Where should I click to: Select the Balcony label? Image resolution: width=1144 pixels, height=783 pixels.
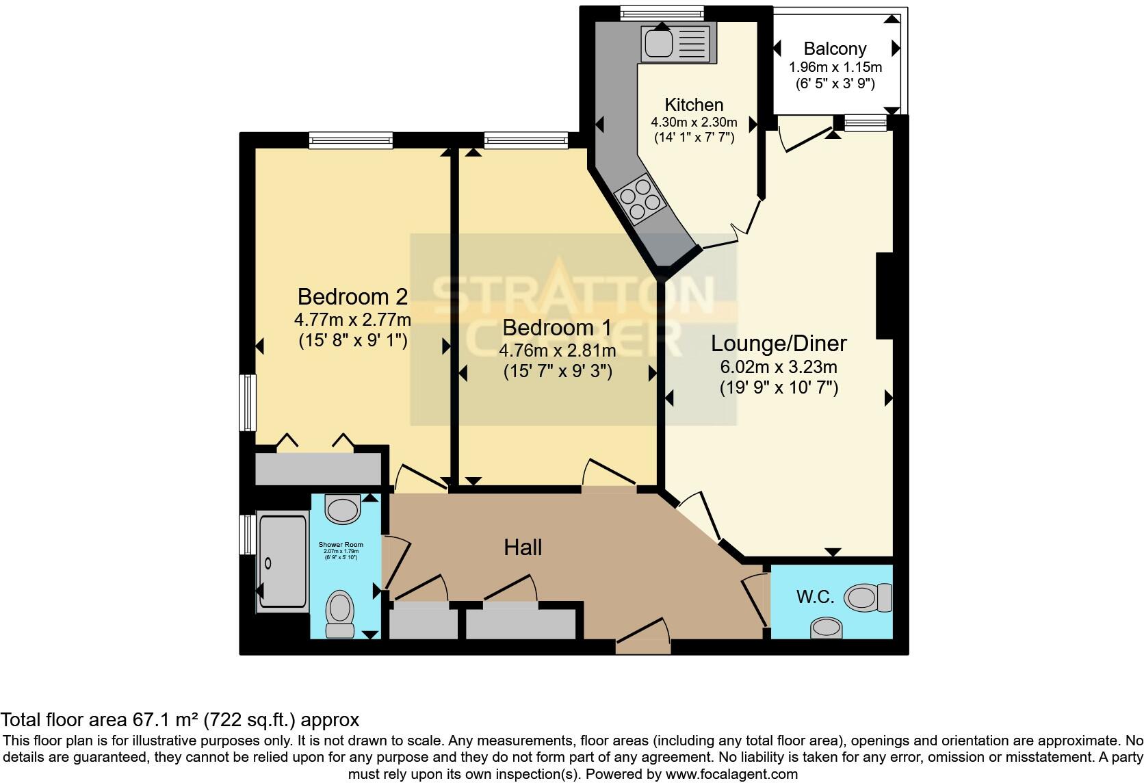(835, 49)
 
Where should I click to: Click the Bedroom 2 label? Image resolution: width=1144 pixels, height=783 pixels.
(352, 296)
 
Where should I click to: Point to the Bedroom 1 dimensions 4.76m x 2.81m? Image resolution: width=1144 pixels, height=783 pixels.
(557, 351)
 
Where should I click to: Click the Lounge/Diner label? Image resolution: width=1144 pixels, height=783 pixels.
(779, 343)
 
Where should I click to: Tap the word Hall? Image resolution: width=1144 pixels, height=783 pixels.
(523, 547)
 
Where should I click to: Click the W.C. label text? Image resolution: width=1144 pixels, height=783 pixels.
(815, 597)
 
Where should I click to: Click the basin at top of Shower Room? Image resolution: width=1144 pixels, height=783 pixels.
(343, 509)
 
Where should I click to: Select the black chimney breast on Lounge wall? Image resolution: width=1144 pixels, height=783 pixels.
(884, 295)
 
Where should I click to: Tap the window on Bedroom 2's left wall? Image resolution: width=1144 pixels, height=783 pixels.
(246, 402)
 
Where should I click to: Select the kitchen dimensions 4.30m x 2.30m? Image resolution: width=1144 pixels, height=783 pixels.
(694, 123)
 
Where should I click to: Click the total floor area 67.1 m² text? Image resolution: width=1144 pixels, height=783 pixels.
(179, 720)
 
